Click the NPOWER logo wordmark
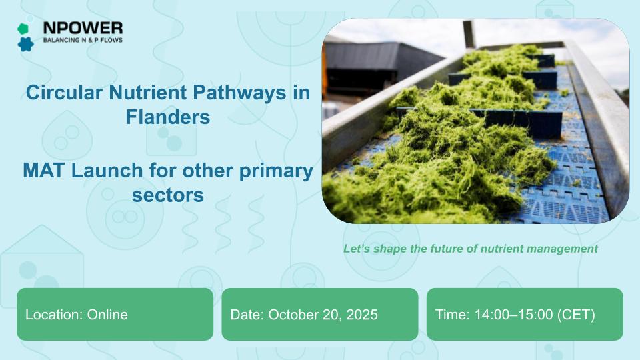click(83, 28)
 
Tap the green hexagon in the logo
click(23, 29)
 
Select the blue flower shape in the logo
click(26, 44)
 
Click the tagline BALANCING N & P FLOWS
click(83, 40)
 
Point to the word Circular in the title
click(64, 92)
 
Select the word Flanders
click(168, 117)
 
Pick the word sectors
click(168, 195)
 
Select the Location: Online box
click(115, 314)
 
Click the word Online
click(107, 314)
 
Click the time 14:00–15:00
click(514, 315)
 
